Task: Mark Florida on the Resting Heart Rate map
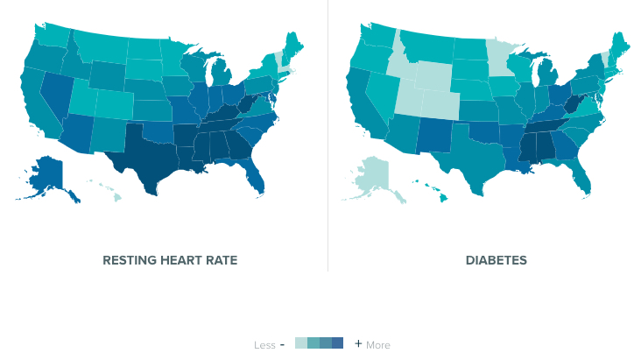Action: [257, 180]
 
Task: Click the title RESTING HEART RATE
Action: [170, 260]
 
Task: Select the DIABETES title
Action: [497, 260]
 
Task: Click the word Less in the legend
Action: [264, 345]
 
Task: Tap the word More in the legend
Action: [378, 345]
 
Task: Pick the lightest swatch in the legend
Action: [301, 342]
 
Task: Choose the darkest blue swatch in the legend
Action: [338, 342]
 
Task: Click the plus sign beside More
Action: [358, 343]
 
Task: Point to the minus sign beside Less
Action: [282, 344]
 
